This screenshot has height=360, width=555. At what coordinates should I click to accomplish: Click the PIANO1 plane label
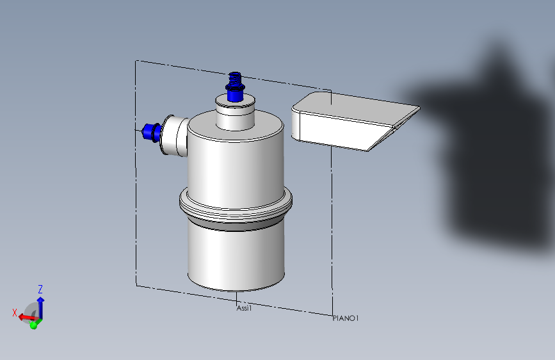pos(346,318)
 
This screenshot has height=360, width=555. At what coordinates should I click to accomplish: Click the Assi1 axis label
pos(244,308)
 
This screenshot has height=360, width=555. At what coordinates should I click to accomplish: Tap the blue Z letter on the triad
pos(40,289)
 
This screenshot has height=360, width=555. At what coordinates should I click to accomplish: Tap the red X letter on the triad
pos(15,313)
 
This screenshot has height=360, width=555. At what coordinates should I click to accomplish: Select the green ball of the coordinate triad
pos(34,325)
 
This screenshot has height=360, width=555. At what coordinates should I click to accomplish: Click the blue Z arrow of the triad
pos(41,308)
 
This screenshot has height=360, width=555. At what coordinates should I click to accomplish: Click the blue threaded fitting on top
pos(235,87)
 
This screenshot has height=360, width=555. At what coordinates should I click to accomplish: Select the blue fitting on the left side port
pos(152,132)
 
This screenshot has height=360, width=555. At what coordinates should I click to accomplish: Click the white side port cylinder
pos(174,135)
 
